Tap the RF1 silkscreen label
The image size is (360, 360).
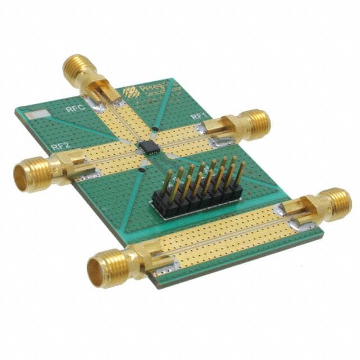tap(198, 116)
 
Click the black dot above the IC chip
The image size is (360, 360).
tap(155, 129)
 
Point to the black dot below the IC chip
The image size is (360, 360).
tap(143, 168)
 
